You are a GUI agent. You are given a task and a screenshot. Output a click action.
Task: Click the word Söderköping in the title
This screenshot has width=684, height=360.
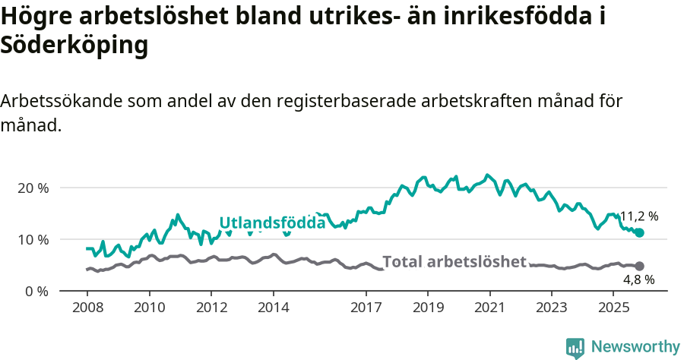74,46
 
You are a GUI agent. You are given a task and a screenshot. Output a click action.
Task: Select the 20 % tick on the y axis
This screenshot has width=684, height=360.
33,188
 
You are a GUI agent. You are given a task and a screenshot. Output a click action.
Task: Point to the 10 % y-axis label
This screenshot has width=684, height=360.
33,239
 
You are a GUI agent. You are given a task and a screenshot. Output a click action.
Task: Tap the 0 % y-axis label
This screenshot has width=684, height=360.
36,291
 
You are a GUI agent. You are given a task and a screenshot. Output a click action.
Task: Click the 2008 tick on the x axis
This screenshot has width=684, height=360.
87,308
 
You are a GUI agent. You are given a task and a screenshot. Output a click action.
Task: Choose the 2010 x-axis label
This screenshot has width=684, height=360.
149,308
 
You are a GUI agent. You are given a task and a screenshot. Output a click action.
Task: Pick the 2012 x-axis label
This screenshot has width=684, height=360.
211,308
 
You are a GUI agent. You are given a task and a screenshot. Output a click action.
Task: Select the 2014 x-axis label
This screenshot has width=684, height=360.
273,308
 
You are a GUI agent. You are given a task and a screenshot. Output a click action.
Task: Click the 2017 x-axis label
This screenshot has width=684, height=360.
366,308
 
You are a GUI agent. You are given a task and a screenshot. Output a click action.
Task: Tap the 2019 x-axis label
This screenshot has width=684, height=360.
428,308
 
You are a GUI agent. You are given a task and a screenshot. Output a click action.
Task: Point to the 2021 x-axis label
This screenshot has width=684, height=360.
489,308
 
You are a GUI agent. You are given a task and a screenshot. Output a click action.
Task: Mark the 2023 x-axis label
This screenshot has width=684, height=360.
552,308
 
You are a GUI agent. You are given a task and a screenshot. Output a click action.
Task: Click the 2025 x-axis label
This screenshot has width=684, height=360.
613,308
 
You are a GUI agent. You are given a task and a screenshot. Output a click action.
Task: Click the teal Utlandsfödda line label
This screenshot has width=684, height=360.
272,223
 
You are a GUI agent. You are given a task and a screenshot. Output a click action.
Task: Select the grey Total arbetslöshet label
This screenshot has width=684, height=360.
454,262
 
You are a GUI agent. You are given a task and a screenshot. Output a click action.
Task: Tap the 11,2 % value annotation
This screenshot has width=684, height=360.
639,216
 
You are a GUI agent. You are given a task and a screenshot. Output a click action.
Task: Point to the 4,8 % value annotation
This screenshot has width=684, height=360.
639,279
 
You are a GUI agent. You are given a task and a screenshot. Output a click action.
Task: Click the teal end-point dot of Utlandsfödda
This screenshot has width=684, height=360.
639,232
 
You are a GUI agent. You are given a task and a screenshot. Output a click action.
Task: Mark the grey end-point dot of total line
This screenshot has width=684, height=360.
639,266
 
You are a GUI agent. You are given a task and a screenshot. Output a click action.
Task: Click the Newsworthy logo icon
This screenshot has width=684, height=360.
575,347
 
